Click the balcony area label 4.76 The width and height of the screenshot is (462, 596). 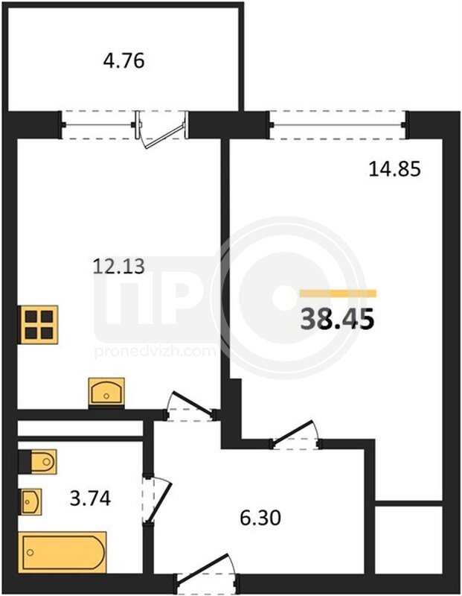123,61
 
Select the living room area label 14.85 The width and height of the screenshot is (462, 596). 395,169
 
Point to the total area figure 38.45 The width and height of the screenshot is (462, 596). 337,320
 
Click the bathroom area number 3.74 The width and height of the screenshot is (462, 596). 90,498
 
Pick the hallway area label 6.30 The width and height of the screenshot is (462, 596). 260,518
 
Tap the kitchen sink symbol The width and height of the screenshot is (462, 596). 106,392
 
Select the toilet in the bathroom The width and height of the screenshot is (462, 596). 38,461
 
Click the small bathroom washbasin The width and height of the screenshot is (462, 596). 31,501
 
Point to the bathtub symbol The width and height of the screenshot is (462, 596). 62,552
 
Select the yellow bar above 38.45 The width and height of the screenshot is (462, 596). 338,294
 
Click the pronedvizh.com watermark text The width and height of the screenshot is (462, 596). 155,352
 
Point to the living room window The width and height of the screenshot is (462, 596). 338,124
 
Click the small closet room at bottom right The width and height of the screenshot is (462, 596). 409,539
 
